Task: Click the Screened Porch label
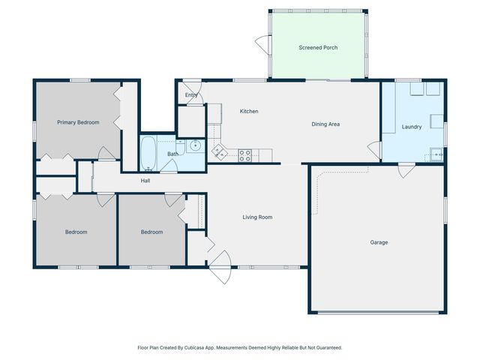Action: coord(318,47)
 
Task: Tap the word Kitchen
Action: coord(249,111)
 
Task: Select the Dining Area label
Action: coord(325,124)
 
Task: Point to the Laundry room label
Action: coord(412,127)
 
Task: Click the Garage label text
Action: coord(379,242)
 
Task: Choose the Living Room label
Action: coord(257,217)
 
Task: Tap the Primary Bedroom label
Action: coord(78,122)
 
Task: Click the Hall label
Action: coord(145,181)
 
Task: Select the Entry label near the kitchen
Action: coord(191,95)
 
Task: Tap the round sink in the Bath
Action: coord(195,145)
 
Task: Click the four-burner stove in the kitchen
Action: coord(244,155)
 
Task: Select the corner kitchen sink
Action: coord(220,152)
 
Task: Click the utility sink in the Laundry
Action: coord(436,156)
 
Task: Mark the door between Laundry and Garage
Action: coord(406,171)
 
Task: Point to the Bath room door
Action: coord(169,168)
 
